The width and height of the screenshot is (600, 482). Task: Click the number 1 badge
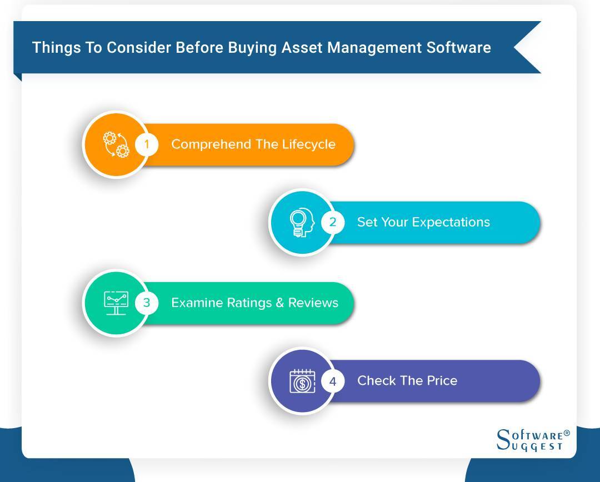pyautogui.click(x=147, y=144)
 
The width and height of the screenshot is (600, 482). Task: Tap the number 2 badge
pyautogui.click(x=333, y=222)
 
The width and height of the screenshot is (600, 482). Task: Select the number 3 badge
pyautogui.click(x=147, y=303)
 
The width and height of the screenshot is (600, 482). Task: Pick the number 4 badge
pyautogui.click(x=333, y=381)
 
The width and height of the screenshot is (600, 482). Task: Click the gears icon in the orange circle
pyautogui.click(x=116, y=144)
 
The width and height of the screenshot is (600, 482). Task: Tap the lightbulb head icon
pyautogui.click(x=302, y=223)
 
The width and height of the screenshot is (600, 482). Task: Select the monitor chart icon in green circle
pyautogui.click(x=116, y=303)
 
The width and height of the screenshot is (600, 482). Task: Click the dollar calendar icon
pyautogui.click(x=302, y=381)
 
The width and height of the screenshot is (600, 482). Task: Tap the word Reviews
pyautogui.click(x=313, y=303)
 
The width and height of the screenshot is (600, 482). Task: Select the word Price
pyautogui.click(x=442, y=380)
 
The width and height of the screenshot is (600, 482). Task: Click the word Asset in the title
pyautogui.click(x=302, y=48)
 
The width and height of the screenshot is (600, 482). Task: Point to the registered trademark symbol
pyautogui.click(x=566, y=433)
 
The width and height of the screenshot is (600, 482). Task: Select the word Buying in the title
pyautogui.click(x=252, y=48)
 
